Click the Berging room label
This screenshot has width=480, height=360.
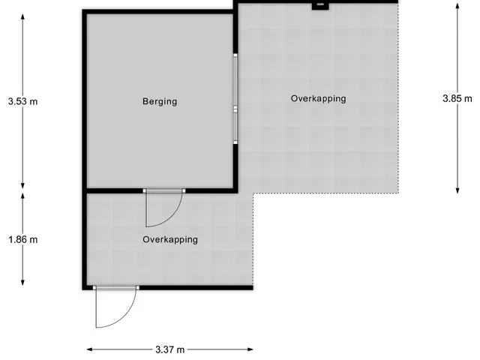pyautogui.click(x=160, y=101)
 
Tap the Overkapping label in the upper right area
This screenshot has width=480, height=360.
pyautogui.click(x=318, y=98)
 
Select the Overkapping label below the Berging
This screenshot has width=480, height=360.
pyautogui.click(x=170, y=239)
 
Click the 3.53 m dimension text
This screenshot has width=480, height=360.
pyautogui.click(x=23, y=101)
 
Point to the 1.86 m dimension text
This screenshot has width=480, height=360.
pyautogui.click(x=23, y=239)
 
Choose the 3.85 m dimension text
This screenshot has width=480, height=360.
pyautogui.click(x=457, y=98)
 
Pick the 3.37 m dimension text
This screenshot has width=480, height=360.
pyautogui.click(x=170, y=349)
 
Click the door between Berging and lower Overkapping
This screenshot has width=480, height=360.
pyautogui.click(x=164, y=208)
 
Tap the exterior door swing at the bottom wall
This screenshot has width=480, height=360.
pyautogui.click(x=116, y=307)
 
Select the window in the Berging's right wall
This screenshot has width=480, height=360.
pyautogui.click(x=235, y=98)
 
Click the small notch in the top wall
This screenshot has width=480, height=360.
pyautogui.click(x=320, y=6)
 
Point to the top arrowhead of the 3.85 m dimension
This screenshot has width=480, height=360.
pyautogui.click(x=457, y=6)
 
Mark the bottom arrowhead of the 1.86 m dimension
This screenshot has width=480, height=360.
pyautogui.click(x=22, y=282)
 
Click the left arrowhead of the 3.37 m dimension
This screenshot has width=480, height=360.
pyautogui.click(x=90, y=349)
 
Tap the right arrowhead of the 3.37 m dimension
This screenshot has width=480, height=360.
pyautogui.click(x=250, y=349)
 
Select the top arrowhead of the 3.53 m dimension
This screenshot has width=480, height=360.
pyautogui.click(x=22, y=16)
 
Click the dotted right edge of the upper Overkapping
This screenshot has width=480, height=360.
pyautogui.click(x=398, y=98)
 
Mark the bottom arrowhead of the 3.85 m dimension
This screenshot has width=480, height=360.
pyautogui.click(x=457, y=190)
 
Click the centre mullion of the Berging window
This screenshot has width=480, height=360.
pyautogui.click(x=235, y=109)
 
